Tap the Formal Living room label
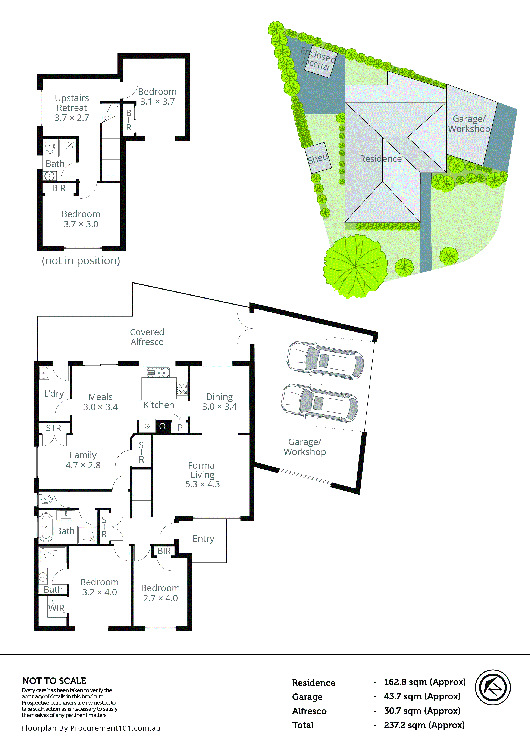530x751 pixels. (x=202, y=475)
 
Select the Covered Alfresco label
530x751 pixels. (x=147, y=337)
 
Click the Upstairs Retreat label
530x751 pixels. (x=72, y=108)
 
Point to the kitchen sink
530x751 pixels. (x=158, y=372)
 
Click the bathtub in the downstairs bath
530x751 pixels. (x=46, y=527)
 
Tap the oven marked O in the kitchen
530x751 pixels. (x=162, y=426)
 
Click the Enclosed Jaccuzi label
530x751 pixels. (x=318, y=59)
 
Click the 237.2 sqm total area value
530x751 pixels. (x=424, y=725)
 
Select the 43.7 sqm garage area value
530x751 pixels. (x=422, y=696)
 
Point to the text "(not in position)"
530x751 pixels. (x=81, y=261)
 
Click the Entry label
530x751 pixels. (x=203, y=538)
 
